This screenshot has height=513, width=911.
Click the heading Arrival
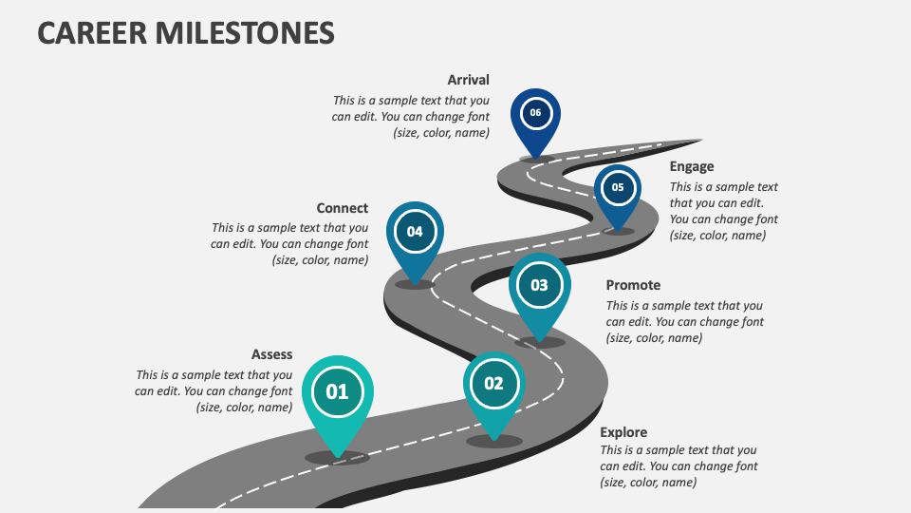click(x=468, y=80)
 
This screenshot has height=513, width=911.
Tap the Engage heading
click(x=692, y=166)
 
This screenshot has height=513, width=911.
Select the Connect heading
click(x=343, y=208)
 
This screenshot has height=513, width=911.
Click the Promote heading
click(x=633, y=285)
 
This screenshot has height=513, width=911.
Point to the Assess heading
click(x=271, y=354)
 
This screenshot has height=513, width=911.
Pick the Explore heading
click(x=623, y=432)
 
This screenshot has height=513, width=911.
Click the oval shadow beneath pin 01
click(x=337, y=457)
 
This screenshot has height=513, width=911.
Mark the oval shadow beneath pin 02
click(x=494, y=441)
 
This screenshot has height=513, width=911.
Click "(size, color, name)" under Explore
click(x=648, y=483)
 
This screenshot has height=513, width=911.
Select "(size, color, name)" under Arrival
click(x=441, y=133)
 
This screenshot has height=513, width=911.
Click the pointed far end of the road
click(x=699, y=142)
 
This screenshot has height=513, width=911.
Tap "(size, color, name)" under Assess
click(x=244, y=408)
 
